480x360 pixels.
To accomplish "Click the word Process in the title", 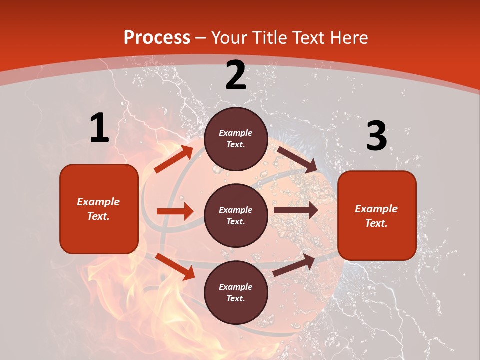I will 157,37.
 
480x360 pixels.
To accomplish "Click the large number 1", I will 99,128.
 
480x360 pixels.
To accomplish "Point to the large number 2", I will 236,75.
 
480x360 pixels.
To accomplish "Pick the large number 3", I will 376,136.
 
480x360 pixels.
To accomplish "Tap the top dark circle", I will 236,139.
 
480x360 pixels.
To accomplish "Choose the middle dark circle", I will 236,215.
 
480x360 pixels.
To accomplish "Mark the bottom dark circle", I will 236,292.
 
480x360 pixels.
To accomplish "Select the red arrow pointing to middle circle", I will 175,211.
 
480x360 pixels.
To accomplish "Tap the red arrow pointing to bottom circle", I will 175,266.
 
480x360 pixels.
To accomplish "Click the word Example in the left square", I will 98,202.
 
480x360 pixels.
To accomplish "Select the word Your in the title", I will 230,37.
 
